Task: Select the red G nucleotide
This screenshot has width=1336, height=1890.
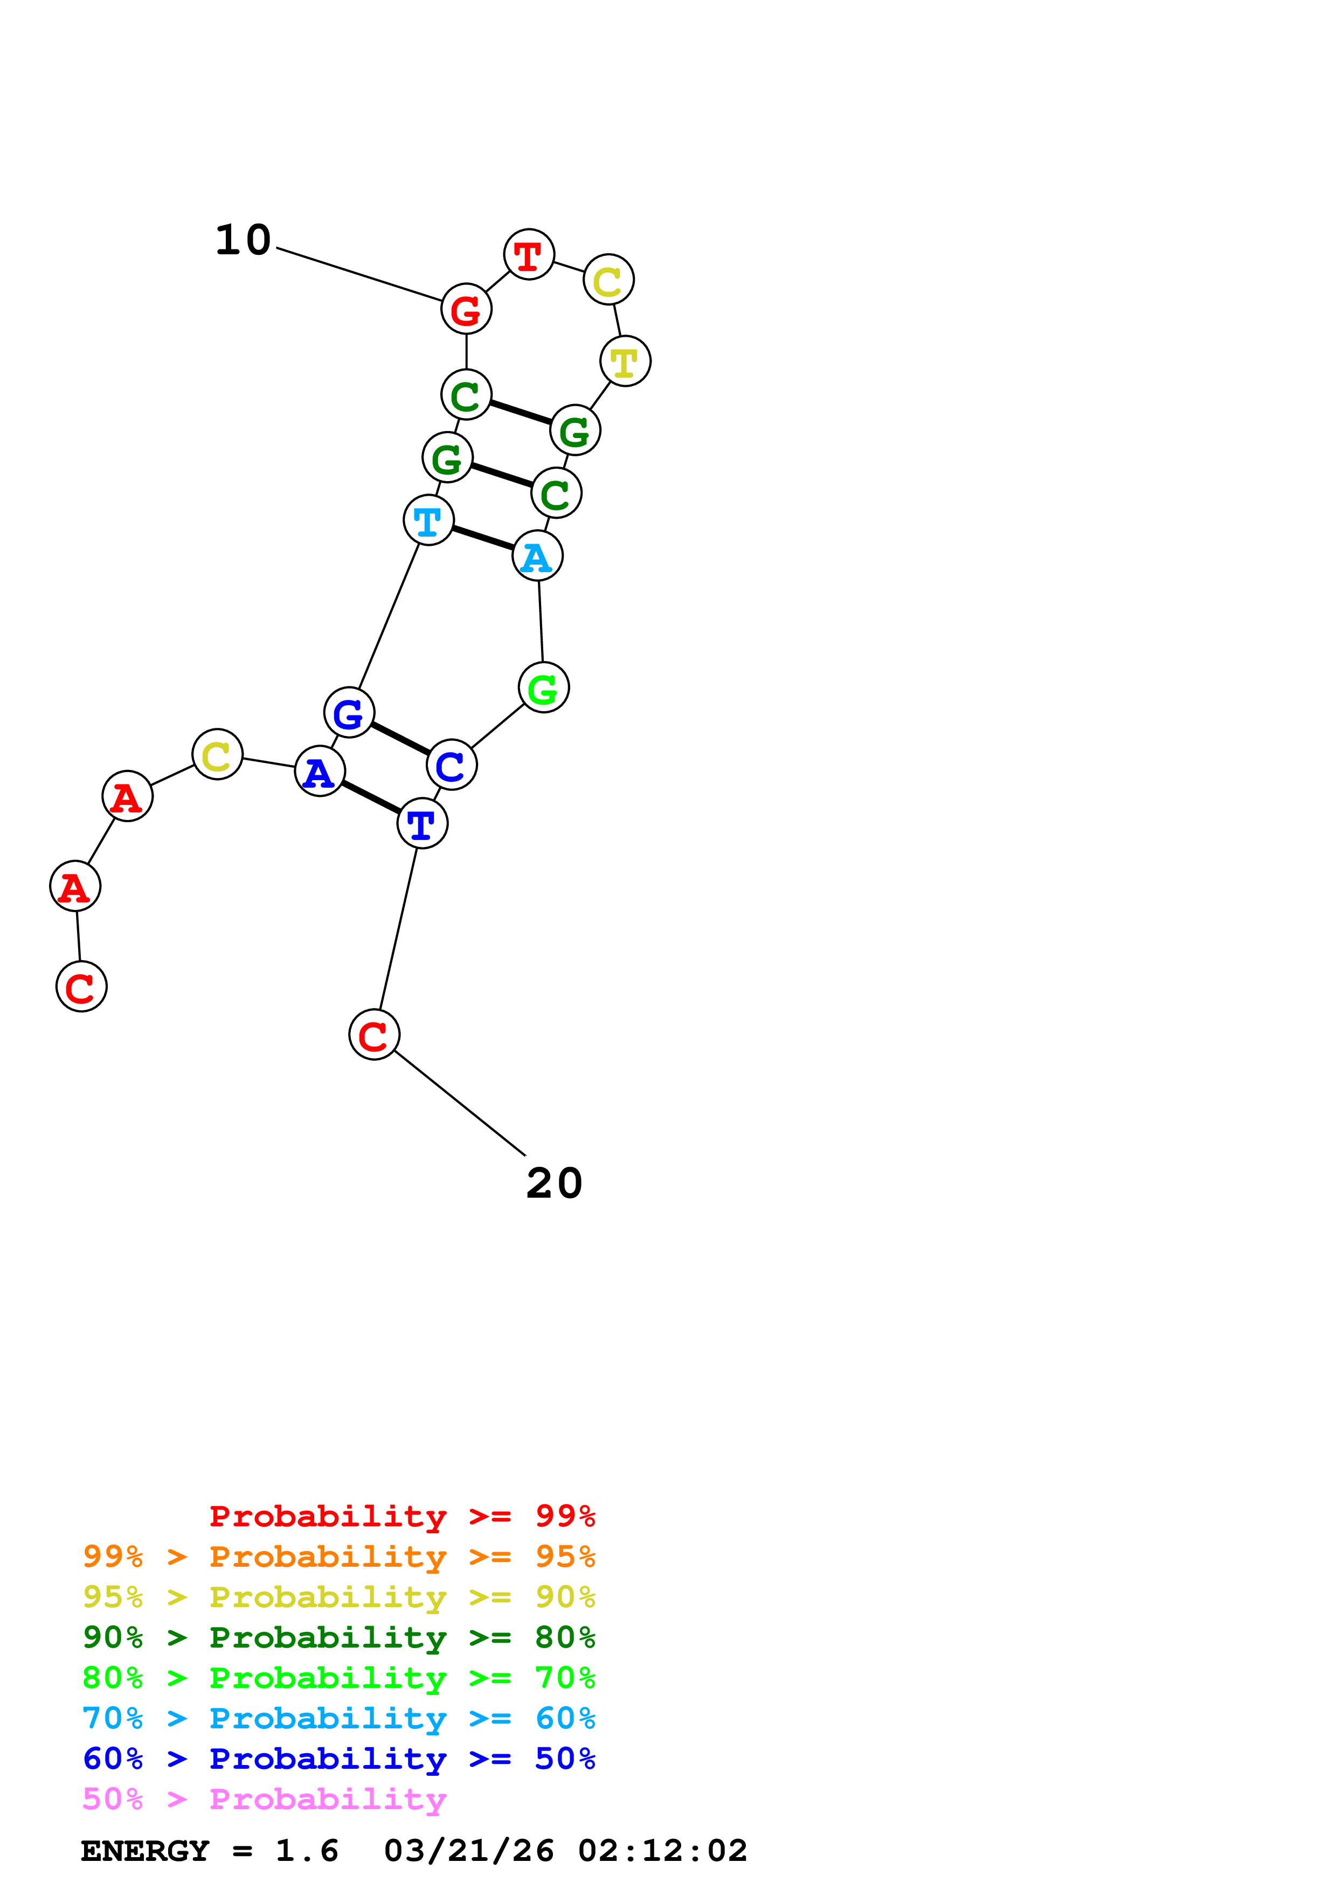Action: point(466,309)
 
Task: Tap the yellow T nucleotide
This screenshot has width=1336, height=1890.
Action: point(626,362)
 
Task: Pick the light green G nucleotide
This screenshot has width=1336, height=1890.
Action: point(543,687)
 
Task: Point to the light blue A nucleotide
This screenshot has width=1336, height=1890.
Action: point(537,557)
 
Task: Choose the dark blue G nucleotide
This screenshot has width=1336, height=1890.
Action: point(349,713)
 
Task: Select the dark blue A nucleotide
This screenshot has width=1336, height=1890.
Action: point(320,772)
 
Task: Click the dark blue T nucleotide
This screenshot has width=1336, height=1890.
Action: point(423,823)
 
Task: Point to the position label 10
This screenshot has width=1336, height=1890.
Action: point(243,240)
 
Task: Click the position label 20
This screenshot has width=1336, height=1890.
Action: point(554,1184)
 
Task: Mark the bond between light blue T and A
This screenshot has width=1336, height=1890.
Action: point(483,538)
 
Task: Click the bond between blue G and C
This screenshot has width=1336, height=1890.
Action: point(400,739)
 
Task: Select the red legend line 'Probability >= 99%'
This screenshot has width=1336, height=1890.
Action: point(402,1516)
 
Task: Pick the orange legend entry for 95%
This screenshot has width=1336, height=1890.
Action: point(338,1557)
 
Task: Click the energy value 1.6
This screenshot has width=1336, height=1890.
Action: point(306,1851)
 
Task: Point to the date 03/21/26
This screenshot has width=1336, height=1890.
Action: point(468,1851)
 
